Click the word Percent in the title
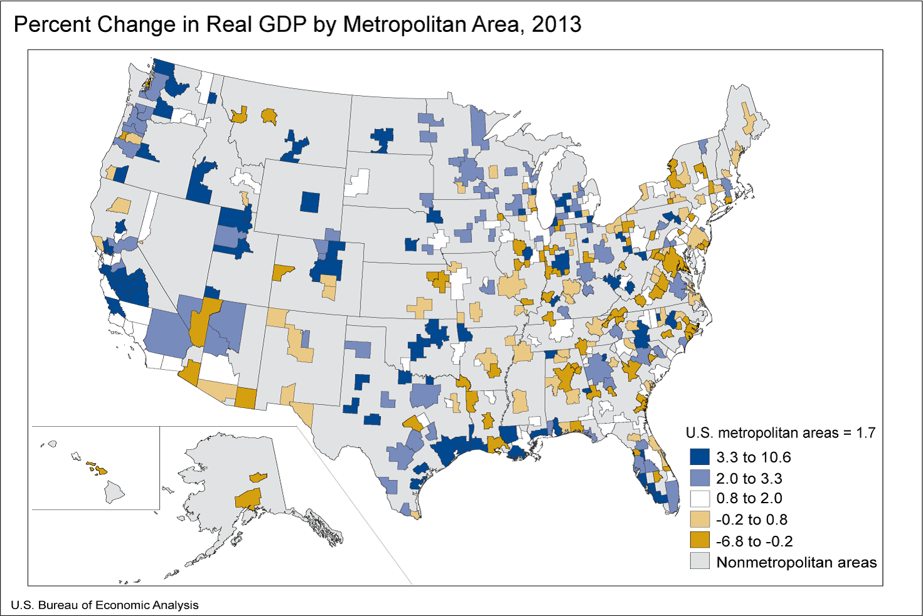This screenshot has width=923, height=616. pyautogui.click(x=51, y=24)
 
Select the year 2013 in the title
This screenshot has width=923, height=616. pyautogui.click(x=556, y=24)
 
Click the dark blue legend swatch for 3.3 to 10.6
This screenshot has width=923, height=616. pyautogui.click(x=699, y=457)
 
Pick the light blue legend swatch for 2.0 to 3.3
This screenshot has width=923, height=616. pyautogui.click(x=699, y=479)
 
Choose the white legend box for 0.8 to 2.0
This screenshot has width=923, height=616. pyautogui.click(x=699, y=499)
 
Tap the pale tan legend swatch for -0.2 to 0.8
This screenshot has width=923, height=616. pyautogui.click(x=699, y=519)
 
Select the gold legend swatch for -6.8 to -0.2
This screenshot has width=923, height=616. pyautogui.click(x=699, y=541)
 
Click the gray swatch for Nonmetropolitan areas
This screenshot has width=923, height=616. pyautogui.click(x=699, y=561)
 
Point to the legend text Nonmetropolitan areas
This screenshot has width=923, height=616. pyautogui.click(x=796, y=562)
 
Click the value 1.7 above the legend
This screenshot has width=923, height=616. pyautogui.click(x=865, y=433)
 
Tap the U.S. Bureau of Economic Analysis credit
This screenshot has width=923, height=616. pyautogui.click(x=105, y=605)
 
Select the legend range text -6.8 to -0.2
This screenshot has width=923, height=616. pyautogui.click(x=754, y=541)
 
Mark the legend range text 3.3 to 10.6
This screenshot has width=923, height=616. pyautogui.click(x=754, y=457)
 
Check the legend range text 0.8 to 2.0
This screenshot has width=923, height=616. pyautogui.click(x=749, y=499)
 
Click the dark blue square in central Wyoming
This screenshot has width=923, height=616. pyautogui.click(x=310, y=202)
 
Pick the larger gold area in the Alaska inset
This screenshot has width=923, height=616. pyautogui.click(x=248, y=499)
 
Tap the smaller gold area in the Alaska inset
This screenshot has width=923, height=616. pyautogui.click(x=258, y=478)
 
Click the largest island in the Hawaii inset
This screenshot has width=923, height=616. pyautogui.click(x=114, y=493)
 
